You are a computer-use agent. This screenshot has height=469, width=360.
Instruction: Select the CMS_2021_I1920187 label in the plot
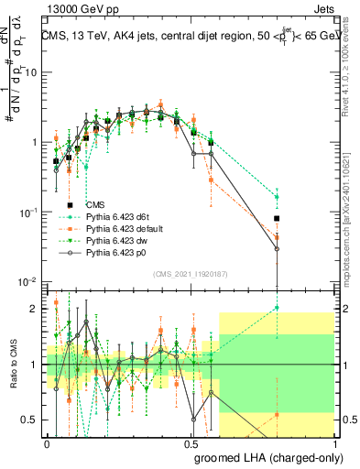click(x=190, y=273)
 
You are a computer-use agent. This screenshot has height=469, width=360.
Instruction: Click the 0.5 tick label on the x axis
click(x=191, y=442)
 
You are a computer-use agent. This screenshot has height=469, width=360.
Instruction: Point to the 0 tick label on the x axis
click(x=48, y=442)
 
